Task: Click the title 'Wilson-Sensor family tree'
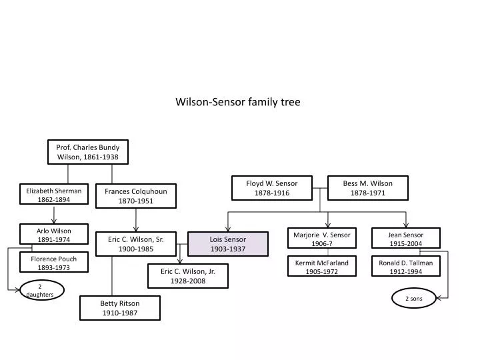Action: pyautogui.click(x=238, y=102)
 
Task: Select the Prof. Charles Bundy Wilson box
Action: pyautogui.click(x=87, y=152)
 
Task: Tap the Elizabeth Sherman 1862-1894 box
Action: pyautogui.click(x=54, y=195)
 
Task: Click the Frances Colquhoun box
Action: pyautogui.click(x=136, y=196)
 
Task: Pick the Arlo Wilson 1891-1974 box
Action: pyautogui.click(x=54, y=235)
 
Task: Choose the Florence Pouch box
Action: pyautogui.click(x=54, y=263)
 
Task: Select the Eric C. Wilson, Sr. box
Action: pyautogui.click(x=136, y=244)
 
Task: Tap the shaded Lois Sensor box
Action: pyautogui.click(x=228, y=244)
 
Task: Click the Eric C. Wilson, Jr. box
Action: pyautogui.click(x=187, y=276)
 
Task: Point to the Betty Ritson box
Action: pyautogui.click(x=120, y=308)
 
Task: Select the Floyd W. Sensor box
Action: pyautogui.click(x=271, y=188)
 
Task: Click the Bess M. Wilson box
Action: pyautogui.click(x=368, y=188)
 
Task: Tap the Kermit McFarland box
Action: pyautogui.click(x=322, y=267)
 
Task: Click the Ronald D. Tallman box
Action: pyautogui.click(x=406, y=267)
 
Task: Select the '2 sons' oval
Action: pyautogui.click(x=414, y=299)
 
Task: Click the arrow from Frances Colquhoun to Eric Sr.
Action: pyautogui.click(x=136, y=219)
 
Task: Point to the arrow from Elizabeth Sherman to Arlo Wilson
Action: pyautogui.click(x=54, y=213)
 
